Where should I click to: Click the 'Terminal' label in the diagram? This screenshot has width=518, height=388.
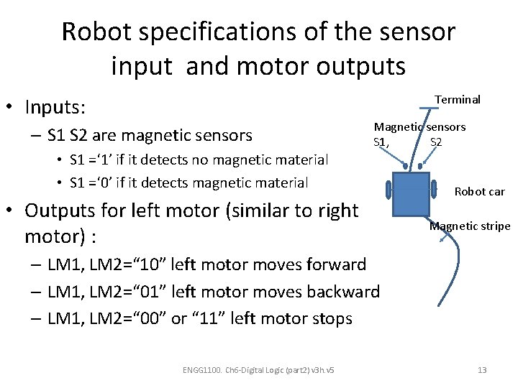pyautogui.click(x=458, y=100)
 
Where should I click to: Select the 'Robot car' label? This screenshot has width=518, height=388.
pyautogui.click(x=480, y=192)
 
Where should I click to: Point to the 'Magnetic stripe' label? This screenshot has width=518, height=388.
pyautogui.click(x=470, y=226)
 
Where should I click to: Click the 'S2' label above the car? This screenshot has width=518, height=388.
pyautogui.click(x=436, y=142)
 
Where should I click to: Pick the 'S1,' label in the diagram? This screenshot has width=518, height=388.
pyautogui.click(x=382, y=142)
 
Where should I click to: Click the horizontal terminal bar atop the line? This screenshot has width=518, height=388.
pyautogui.click(x=428, y=108)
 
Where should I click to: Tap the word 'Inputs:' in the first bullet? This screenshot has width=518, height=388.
pyautogui.click(x=55, y=108)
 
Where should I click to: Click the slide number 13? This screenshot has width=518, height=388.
pyautogui.click(x=482, y=370)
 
